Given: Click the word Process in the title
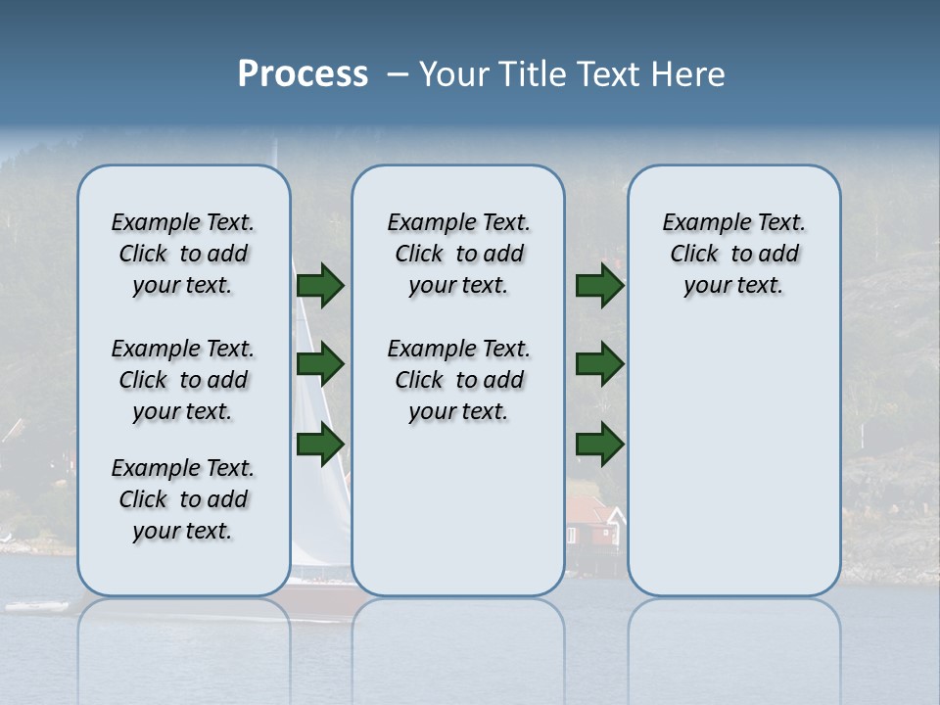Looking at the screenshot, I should pos(303,74).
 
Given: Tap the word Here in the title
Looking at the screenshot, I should pos(688,74).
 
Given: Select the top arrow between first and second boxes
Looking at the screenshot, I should pos(319,285).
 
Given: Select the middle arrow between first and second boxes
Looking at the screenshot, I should pos(319,365).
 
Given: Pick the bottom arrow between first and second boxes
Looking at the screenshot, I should pos(319,445).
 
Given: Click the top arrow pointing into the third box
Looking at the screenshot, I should pos(599,285).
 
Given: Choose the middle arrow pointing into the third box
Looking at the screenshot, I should pos(599,365).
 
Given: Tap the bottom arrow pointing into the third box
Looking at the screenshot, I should pos(599,445).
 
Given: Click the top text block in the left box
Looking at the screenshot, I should pos(183,254).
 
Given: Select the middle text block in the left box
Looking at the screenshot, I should pos(183,380).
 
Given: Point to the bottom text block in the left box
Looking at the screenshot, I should pos(183,499).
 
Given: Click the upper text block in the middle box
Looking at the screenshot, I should pos(458,254).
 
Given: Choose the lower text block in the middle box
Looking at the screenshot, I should pos(458,380).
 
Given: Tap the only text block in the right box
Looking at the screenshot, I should pos(733,254).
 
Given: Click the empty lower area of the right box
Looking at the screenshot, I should pos(733,470).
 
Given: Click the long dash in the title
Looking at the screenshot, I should pos(399,75).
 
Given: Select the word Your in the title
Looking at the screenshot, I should pos(456,74).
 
